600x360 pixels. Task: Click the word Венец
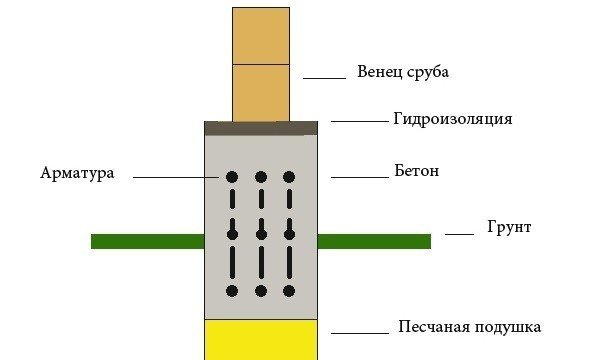378,73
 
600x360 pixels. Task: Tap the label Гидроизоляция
452,120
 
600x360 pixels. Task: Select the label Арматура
77,173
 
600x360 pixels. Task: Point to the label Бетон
417,172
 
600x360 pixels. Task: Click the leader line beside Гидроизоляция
358,122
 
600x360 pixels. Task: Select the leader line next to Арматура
175,177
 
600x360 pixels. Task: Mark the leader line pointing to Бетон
358,177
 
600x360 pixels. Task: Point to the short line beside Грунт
459,233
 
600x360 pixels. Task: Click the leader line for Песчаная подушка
358,332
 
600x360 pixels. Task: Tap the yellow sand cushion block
261,339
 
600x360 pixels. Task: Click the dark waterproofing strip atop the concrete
261,127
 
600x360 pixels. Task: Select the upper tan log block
261,36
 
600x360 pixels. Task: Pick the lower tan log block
261,93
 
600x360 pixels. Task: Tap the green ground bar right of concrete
374,241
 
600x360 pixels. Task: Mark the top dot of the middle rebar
261,177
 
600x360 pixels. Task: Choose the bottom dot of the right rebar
289,291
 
